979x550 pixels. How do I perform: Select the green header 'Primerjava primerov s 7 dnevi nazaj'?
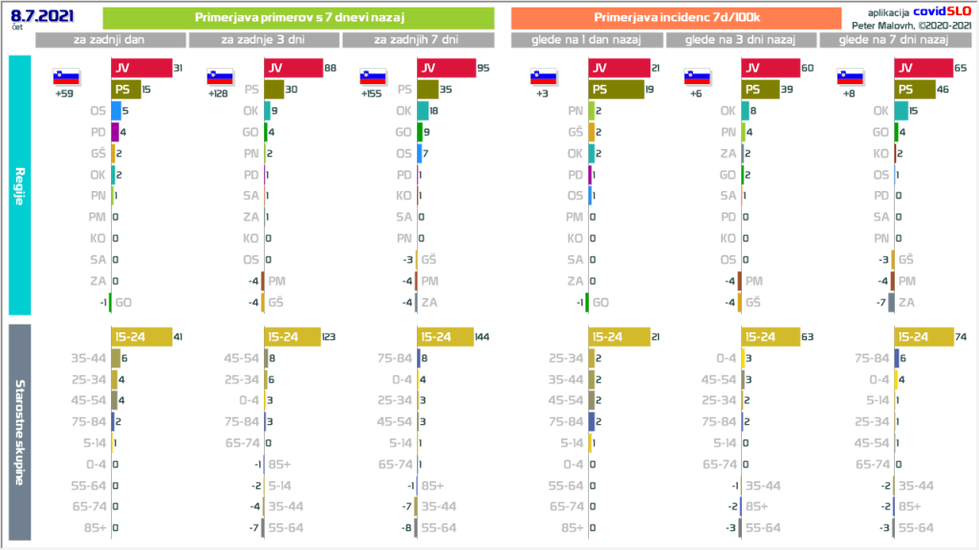[x=297, y=18]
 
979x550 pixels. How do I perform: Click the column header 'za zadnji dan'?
[x=110, y=40]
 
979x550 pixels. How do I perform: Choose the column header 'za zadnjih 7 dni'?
[x=417, y=40]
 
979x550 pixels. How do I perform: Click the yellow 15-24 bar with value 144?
[x=445, y=337]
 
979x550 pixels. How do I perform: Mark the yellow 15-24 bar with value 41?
[x=141, y=337]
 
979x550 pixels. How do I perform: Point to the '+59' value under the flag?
[x=66, y=94]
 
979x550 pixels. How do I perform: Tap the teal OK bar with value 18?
[x=422, y=111]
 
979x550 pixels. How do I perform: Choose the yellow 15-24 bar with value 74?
[x=924, y=337]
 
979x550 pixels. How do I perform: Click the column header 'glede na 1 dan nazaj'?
[x=587, y=40]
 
